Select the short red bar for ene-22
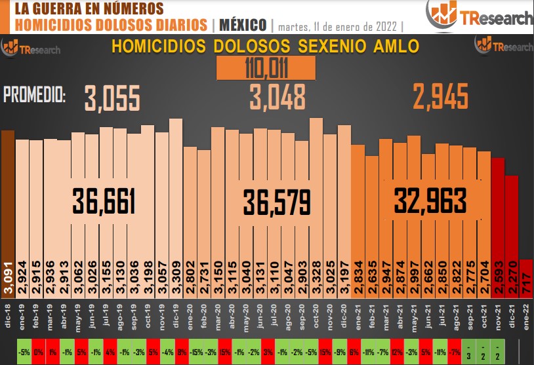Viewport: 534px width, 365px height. point(526,282)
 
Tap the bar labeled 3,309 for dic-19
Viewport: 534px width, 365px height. point(176,210)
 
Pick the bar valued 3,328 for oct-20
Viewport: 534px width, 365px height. point(316,210)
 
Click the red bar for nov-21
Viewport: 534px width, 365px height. point(498,229)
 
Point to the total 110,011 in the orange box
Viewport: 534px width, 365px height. point(266,67)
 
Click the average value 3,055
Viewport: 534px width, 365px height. point(112,98)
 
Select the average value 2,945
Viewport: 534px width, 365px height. point(440,98)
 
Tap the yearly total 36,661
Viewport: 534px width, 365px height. point(104,201)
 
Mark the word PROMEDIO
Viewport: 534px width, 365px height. point(35,96)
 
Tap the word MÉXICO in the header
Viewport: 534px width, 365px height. point(243,26)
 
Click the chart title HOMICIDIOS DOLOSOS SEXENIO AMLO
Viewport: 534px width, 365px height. point(265,47)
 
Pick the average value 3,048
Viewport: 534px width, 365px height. point(277,98)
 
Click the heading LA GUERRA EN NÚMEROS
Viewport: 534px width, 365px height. point(89,9)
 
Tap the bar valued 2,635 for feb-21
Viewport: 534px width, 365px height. point(372,223)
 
